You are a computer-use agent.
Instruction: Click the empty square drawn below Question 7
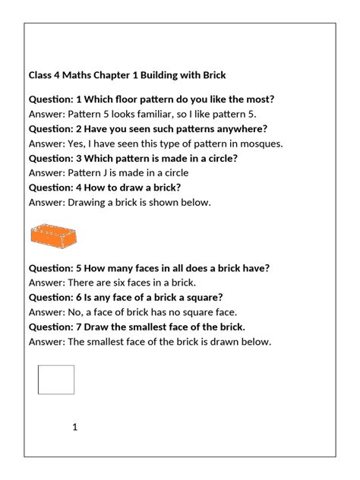coord(56,380)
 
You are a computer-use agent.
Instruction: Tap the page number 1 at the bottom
coord(75,427)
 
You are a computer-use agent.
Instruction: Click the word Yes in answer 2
coord(77,144)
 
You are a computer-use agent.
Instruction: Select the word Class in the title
coord(41,75)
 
